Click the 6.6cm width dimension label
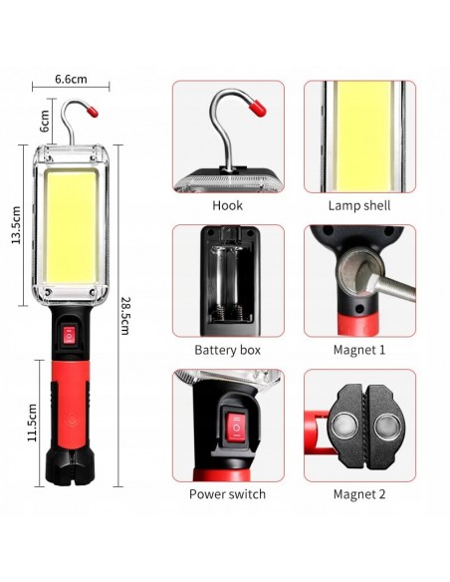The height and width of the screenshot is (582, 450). tap(70, 78)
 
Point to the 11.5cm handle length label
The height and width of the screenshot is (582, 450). tap(33, 422)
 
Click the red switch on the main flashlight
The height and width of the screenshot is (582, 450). tap(71, 337)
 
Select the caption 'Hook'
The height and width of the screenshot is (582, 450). tap(227, 206)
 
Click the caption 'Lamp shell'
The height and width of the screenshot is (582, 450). tap(358, 206)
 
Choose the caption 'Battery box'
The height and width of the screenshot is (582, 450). tap(228, 350)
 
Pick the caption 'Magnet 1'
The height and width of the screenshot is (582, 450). tap(358, 350)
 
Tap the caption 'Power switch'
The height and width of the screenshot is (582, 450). tap(228, 493)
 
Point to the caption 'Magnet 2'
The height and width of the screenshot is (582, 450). tap(358, 493)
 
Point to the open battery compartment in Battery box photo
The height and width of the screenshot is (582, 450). tap(227, 280)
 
